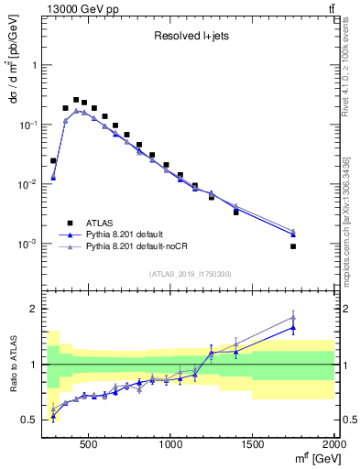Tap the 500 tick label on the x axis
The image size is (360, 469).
click(89, 444)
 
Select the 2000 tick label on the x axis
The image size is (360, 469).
click(332, 444)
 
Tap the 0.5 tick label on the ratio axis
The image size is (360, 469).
click(30, 420)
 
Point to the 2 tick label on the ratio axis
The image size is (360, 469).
click(35, 309)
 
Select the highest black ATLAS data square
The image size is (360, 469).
click(76, 100)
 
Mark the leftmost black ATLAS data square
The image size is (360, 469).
click(53, 160)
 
